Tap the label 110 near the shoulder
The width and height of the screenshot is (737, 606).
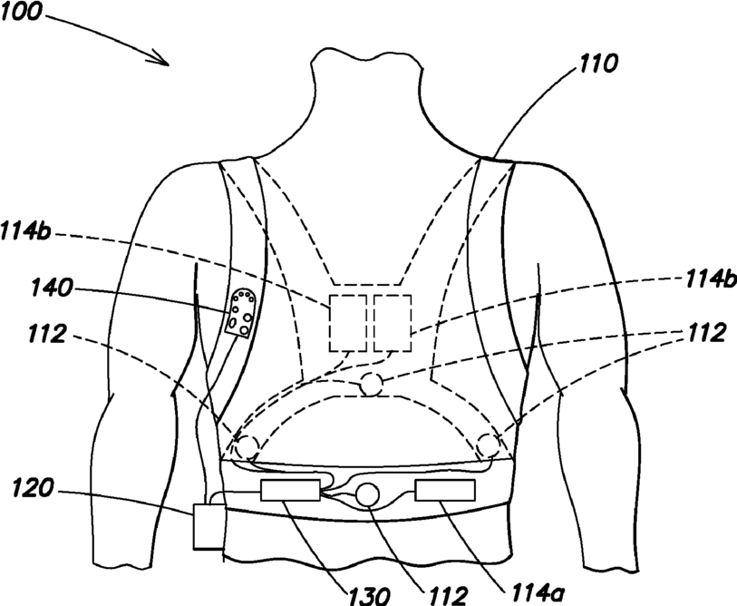(x=599, y=64)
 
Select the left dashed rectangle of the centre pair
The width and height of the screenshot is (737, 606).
(x=347, y=323)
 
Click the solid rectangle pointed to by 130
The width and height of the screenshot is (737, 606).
(x=290, y=493)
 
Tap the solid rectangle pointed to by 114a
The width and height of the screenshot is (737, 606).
(x=446, y=491)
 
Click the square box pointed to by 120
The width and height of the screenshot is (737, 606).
(x=208, y=527)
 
